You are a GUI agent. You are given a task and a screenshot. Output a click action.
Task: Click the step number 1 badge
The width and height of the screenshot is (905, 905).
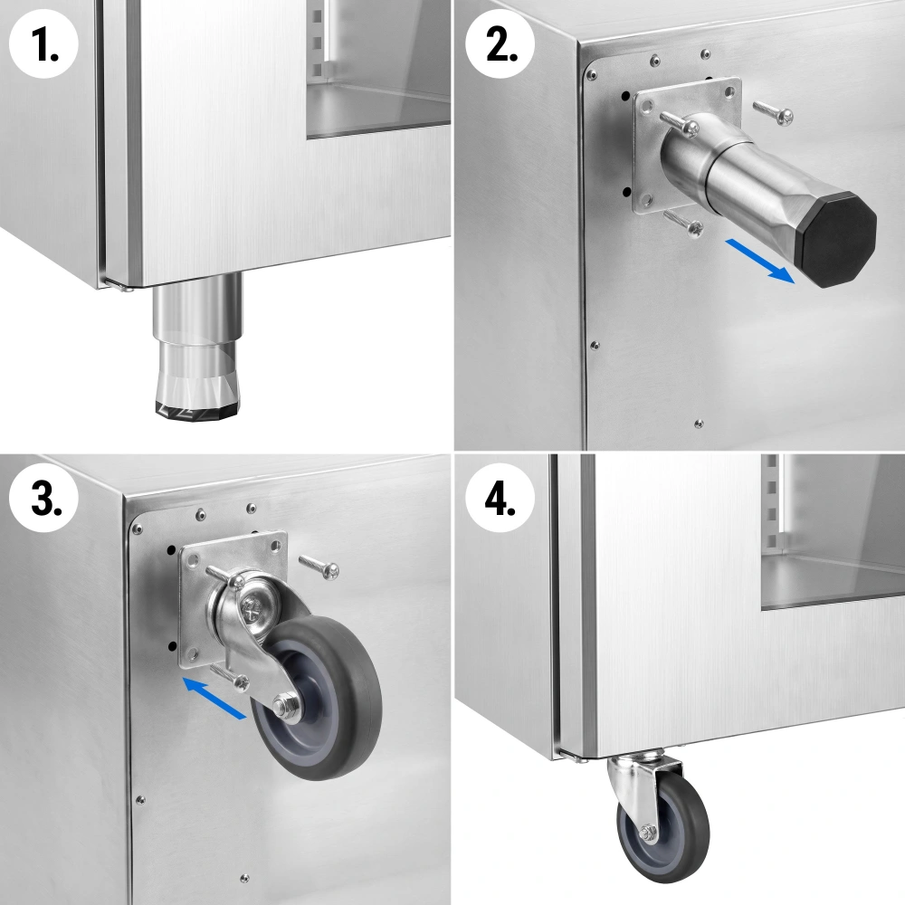point(43,44)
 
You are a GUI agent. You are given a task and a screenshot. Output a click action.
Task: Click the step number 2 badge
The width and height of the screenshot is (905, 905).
point(500,44)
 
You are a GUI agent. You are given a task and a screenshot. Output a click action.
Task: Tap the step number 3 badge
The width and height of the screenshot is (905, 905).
point(43,498)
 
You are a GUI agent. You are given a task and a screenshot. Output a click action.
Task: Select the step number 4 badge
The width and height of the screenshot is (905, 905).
point(500,498)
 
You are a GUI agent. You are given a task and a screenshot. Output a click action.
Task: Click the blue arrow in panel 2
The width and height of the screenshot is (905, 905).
point(760,262)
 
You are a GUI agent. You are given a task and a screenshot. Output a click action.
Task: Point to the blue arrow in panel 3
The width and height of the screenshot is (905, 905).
point(214,698)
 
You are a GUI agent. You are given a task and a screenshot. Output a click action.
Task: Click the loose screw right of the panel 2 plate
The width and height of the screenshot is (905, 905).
point(773,112)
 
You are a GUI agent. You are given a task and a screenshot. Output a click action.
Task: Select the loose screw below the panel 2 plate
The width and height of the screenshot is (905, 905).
point(683,223)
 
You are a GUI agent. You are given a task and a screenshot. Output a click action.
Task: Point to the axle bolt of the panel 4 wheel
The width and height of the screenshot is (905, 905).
point(647,831)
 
